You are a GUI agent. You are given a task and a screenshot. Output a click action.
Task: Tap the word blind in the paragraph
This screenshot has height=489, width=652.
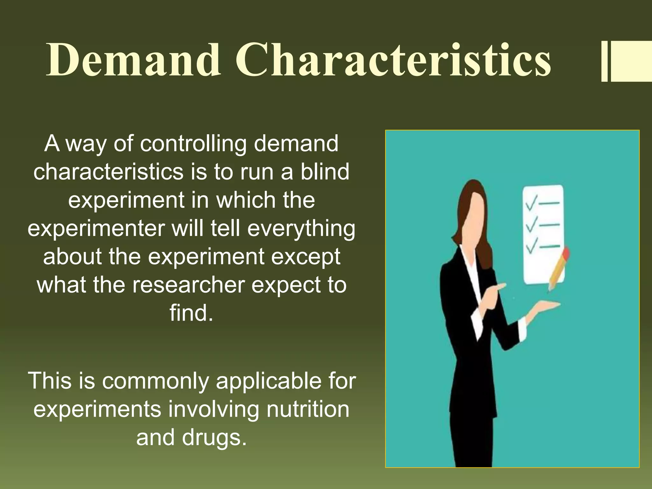point(325,172)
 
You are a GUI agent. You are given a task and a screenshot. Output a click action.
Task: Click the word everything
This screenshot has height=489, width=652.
point(301,228)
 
